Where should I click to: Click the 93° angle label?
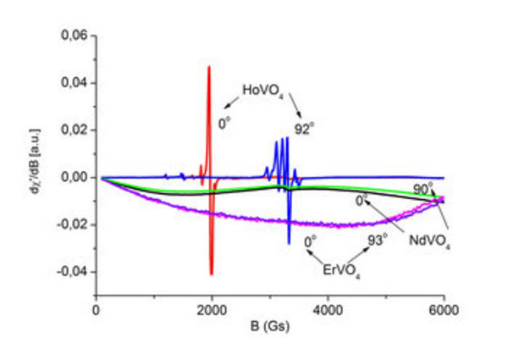coord(378,240)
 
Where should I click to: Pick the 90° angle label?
coord(422,188)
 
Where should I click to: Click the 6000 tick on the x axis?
coord(444,308)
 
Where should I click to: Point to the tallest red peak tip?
coord(208,66)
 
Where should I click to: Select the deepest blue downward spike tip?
coord(289,244)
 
